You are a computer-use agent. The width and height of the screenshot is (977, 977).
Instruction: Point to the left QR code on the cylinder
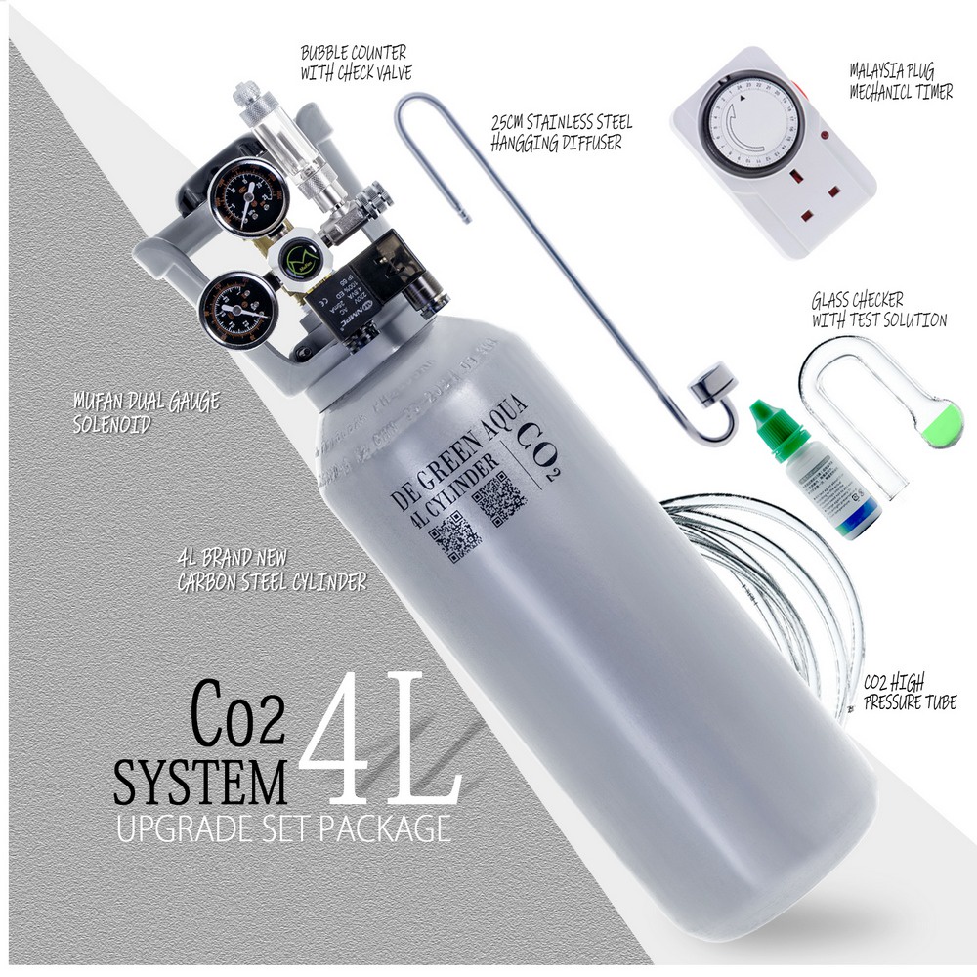pos(452,536)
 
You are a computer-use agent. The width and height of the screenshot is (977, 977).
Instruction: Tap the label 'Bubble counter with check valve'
pos(354,60)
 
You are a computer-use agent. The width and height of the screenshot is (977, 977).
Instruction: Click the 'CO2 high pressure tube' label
pos(909,692)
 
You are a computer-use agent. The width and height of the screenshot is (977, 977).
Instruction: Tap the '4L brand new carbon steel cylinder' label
pos(271,573)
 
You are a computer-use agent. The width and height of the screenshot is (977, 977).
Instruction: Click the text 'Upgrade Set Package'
pos(283,828)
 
